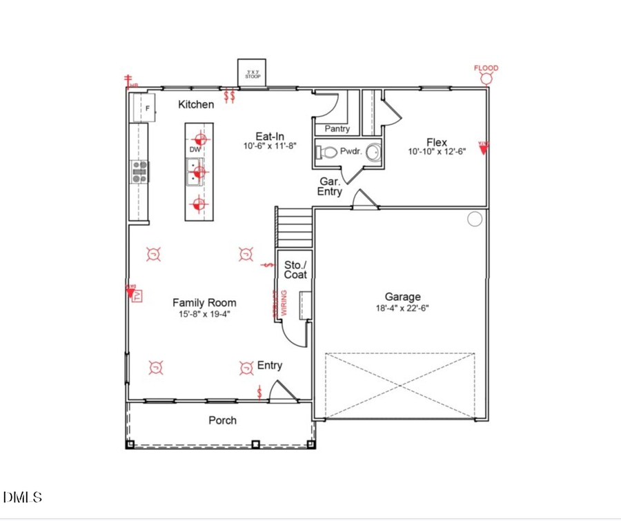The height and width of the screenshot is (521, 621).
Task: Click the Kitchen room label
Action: [196, 104]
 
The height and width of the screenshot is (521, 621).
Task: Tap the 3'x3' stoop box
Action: [253, 72]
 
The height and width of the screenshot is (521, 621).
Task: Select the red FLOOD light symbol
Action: [486, 77]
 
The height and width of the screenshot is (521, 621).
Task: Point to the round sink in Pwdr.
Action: [373, 152]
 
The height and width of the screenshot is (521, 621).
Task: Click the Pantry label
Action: [337, 129]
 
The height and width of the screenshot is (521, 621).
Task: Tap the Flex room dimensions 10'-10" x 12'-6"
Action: [436, 152]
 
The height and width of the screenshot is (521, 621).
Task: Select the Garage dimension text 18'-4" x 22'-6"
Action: [402, 308]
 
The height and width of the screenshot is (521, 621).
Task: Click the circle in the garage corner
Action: [475, 219]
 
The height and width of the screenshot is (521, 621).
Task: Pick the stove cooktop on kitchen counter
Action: [139, 172]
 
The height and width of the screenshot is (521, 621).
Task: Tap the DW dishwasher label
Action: [195, 150]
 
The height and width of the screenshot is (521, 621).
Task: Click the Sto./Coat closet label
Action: [295, 270]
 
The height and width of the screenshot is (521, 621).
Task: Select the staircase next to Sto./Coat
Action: [295, 227]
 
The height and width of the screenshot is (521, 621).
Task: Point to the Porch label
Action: [222, 420]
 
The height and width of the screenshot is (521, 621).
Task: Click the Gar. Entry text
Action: [330, 186]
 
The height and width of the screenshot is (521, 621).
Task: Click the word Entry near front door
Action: [270, 365]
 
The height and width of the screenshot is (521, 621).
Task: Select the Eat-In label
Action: [270, 136]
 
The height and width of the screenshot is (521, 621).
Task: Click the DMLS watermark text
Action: [23, 497]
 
